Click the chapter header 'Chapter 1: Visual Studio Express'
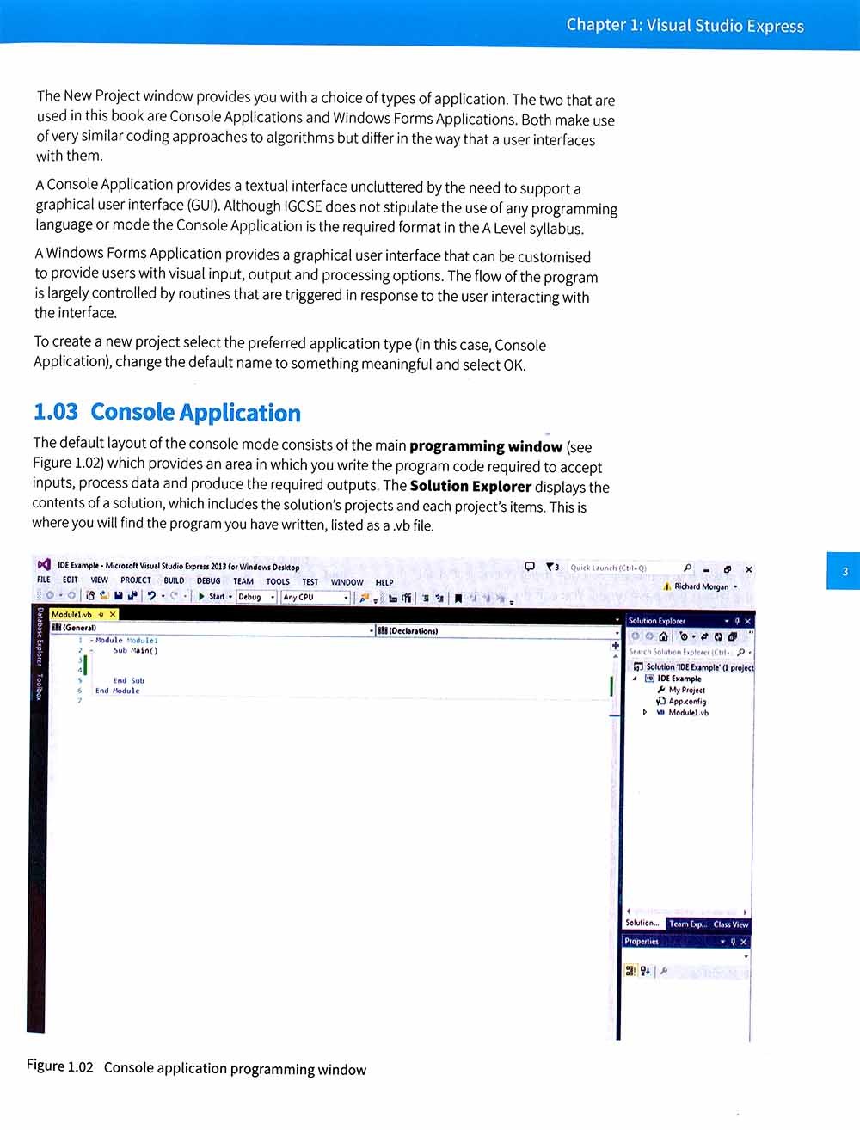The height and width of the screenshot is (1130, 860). [685, 25]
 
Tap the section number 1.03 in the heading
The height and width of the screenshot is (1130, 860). [55, 412]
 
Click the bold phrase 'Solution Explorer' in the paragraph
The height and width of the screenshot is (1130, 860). [470, 486]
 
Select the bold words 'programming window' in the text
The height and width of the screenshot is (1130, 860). [485, 446]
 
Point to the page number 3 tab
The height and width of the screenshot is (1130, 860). [845, 571]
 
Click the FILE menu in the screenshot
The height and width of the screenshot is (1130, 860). [44, 580]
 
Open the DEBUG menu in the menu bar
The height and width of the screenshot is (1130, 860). [208, 581]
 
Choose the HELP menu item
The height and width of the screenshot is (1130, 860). [384, 582]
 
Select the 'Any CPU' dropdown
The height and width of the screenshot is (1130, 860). [315, 597]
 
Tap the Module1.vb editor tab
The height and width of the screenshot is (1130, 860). [71, 614]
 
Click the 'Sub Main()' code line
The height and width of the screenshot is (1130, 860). [136, 651]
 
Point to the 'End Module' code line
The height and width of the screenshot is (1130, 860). [117, 691]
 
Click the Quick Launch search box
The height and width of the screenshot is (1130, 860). [619, 568]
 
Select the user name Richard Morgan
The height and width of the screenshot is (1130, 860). [701, 586]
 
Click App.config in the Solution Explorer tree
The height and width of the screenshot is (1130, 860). [687, 701]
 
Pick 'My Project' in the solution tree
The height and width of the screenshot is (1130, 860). [686, 690]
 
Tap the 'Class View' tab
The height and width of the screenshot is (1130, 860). [730, 924]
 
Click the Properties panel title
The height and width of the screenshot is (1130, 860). [642, 942]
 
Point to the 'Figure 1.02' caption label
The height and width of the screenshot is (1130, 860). [59, 1066]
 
